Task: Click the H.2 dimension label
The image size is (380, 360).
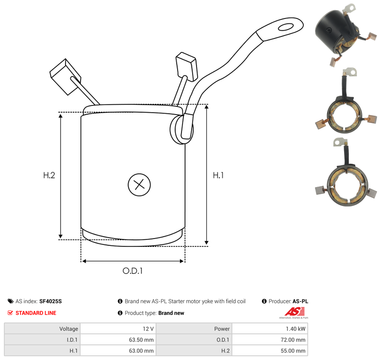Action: [x=49, y=175]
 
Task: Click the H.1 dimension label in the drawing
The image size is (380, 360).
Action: [x=218, y=175]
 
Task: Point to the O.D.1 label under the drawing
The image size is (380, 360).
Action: [x=132, y=271]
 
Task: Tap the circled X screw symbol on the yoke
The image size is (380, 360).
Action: [x=139, y=185]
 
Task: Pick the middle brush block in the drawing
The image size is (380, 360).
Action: [x=186, y=66]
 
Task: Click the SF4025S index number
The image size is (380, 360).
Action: [x=50, y=301]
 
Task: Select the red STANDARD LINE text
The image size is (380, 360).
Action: [x=35, y=313]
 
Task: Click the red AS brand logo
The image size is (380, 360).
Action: [x=294, y=312]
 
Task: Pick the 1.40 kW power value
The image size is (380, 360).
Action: [x=296, y=329]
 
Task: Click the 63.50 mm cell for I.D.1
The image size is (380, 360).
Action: [x=142, y=340]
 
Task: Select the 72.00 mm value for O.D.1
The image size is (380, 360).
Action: [x=294, y=340]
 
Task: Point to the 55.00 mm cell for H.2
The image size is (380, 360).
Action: [x=294, y=350]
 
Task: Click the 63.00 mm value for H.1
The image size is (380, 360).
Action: [x=142, y=350]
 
